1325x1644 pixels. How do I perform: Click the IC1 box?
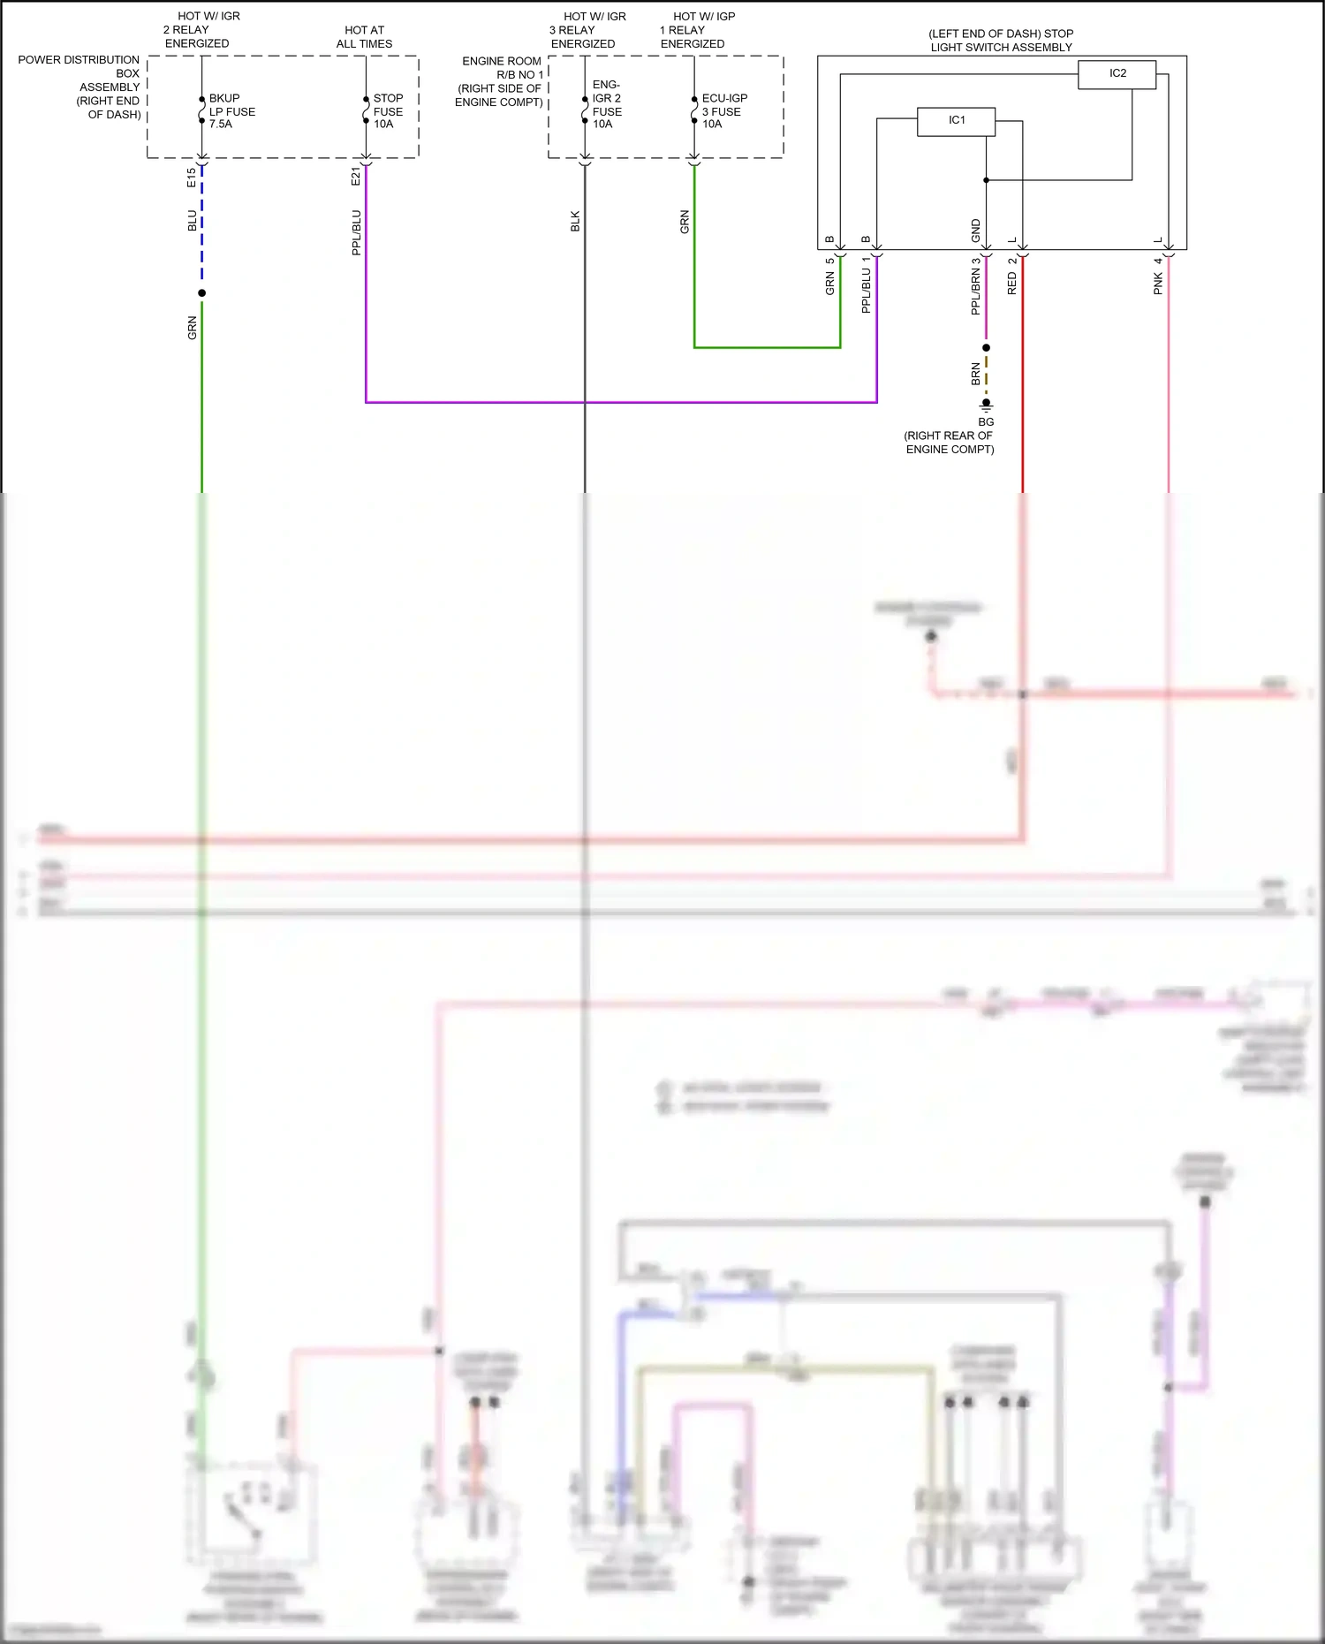[956, 121]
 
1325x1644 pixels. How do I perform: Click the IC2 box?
[1117, 74]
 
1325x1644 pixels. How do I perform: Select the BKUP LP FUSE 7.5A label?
[231, 111]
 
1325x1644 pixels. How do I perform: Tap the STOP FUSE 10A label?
[388, 111]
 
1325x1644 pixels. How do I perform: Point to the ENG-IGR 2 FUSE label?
[606, 105]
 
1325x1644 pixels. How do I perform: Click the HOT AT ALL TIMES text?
[364, 37]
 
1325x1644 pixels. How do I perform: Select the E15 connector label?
[192, 178]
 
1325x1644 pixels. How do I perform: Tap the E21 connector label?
[356, 177]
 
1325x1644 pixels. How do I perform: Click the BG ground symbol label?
[986, 422]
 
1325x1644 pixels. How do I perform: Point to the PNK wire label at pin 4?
[1158, 283]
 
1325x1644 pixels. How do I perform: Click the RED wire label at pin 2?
[1012, 283]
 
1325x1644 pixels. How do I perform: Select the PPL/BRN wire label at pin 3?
[976, 292]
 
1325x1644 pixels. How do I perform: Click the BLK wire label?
[575, 221]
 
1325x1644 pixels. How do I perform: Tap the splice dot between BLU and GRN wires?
[202, 293]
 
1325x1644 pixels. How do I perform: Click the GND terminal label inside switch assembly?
[976, 231]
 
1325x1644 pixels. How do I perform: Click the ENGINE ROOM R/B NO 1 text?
[500, 81]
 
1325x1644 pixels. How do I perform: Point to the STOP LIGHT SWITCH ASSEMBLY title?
[1001, 41]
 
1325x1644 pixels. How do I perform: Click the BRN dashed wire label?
[976, 374]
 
